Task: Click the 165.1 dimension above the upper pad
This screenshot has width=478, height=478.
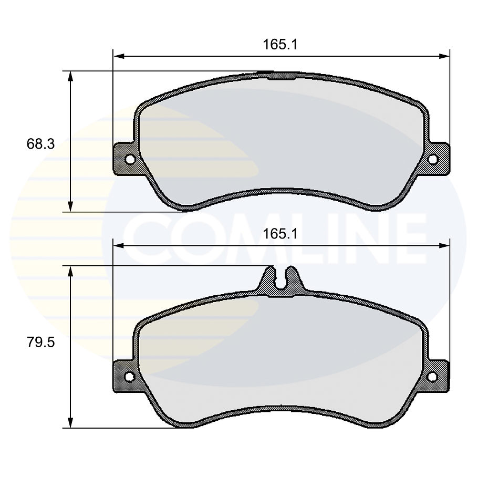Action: pos(280,45)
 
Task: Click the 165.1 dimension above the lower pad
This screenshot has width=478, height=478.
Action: pos(280,234)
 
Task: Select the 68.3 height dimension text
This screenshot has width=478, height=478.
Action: pos(40,144)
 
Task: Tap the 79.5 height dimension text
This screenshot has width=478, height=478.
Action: pos(40,342)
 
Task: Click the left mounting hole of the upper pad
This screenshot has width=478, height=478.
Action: pos(130,159)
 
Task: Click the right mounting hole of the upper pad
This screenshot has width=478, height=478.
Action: pos(433,159)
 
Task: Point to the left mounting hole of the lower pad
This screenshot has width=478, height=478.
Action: pos(130,377)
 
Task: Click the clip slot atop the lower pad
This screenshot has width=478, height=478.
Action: pos(281,278)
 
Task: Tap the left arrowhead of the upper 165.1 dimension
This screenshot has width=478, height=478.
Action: pos(119,56)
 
